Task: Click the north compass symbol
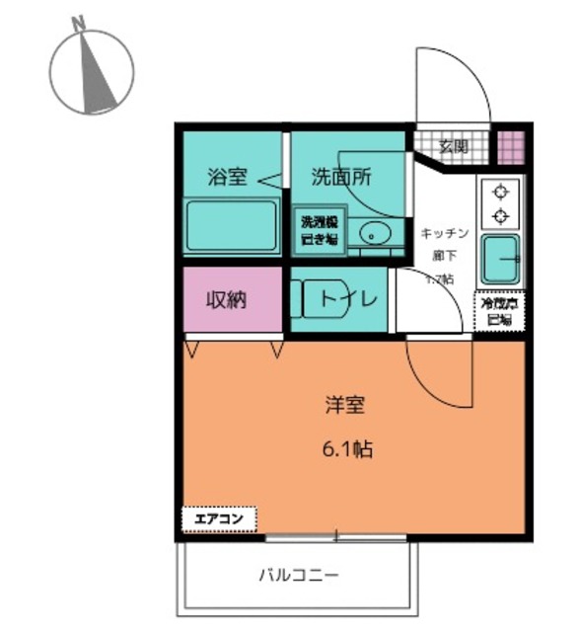coord(92,71)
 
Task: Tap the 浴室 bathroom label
coord(226,178)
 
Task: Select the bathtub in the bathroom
coord(231,226)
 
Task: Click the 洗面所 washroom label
coord(341,178)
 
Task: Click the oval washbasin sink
coord(375,234)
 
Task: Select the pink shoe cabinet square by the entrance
coord(510,146)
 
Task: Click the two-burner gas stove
coord(500,202)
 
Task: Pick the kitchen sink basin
coord(504,260)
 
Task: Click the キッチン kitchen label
coord(444,233)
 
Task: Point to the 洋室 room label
coord(345,404)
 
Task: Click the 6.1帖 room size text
coord(347,449)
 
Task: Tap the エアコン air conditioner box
coord(218,517)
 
